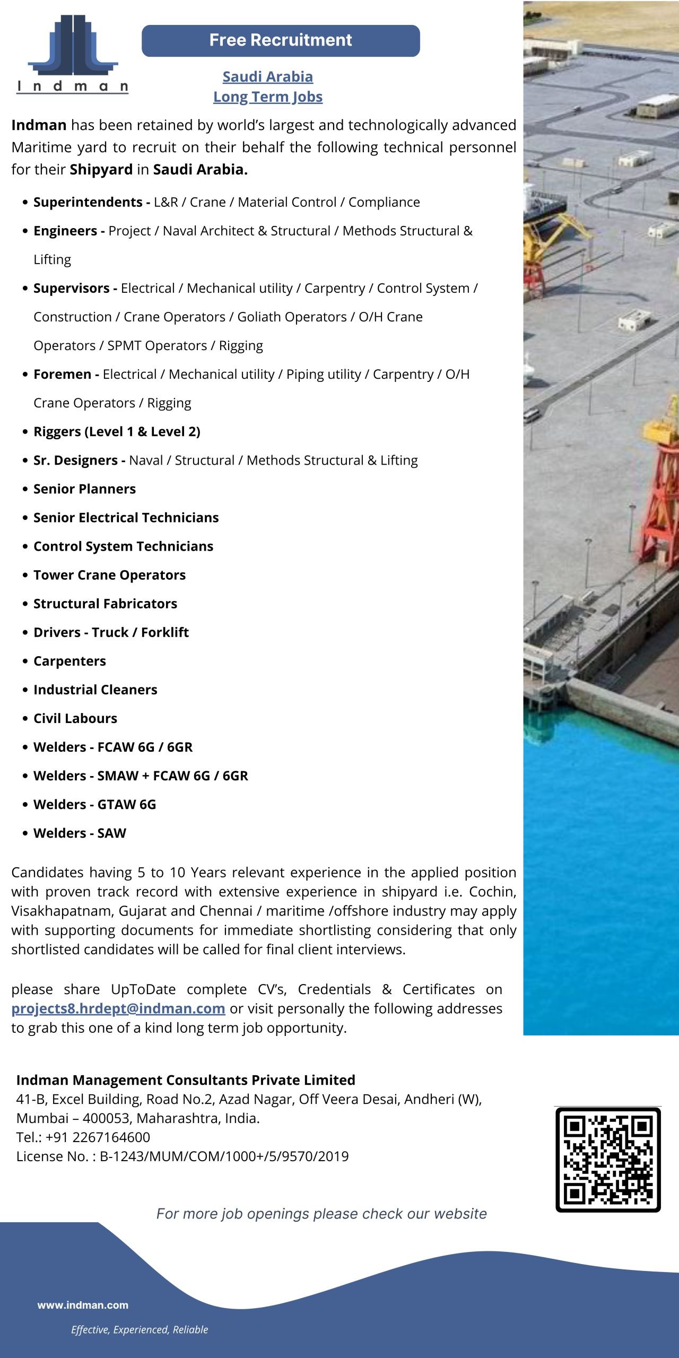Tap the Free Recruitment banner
281,40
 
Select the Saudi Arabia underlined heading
267,77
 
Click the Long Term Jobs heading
267,97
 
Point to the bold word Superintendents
88,202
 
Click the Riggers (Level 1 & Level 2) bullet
117,432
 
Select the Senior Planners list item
84,489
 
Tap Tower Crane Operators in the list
109,575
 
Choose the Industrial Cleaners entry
95,690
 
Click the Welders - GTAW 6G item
94,804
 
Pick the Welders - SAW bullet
80,833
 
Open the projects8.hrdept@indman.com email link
118,1008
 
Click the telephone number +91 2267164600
98,1137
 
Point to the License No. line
182,1156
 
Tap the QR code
608,1160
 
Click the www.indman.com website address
83,1305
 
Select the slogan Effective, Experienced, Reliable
140,1329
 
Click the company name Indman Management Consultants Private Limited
186,1080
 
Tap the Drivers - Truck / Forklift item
111,632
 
